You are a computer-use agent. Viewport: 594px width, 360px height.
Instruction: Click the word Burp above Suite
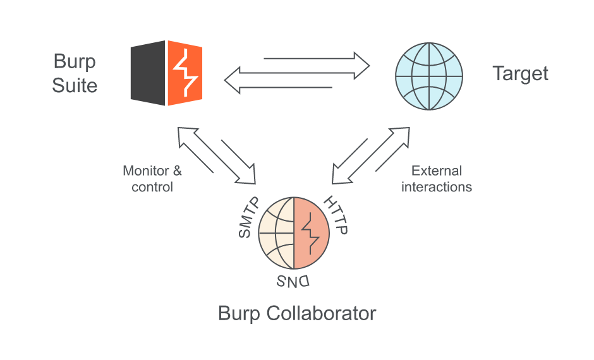[75, 62]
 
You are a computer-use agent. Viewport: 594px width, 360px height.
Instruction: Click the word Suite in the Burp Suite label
[75, 85]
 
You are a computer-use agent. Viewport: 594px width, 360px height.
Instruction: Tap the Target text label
[520, 73]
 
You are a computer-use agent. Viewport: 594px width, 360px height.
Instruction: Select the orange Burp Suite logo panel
[185, 73]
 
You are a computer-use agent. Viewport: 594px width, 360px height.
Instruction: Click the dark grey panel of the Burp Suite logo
[148, 73]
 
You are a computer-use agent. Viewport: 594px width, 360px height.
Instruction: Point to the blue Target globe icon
[429, 73]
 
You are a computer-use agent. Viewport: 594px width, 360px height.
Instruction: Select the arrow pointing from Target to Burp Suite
[278, 82]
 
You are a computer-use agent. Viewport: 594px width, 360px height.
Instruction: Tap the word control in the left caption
[152, 187]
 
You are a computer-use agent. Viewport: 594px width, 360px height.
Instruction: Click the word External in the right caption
[437, 171]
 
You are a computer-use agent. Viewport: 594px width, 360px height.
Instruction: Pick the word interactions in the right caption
[437, 187]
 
